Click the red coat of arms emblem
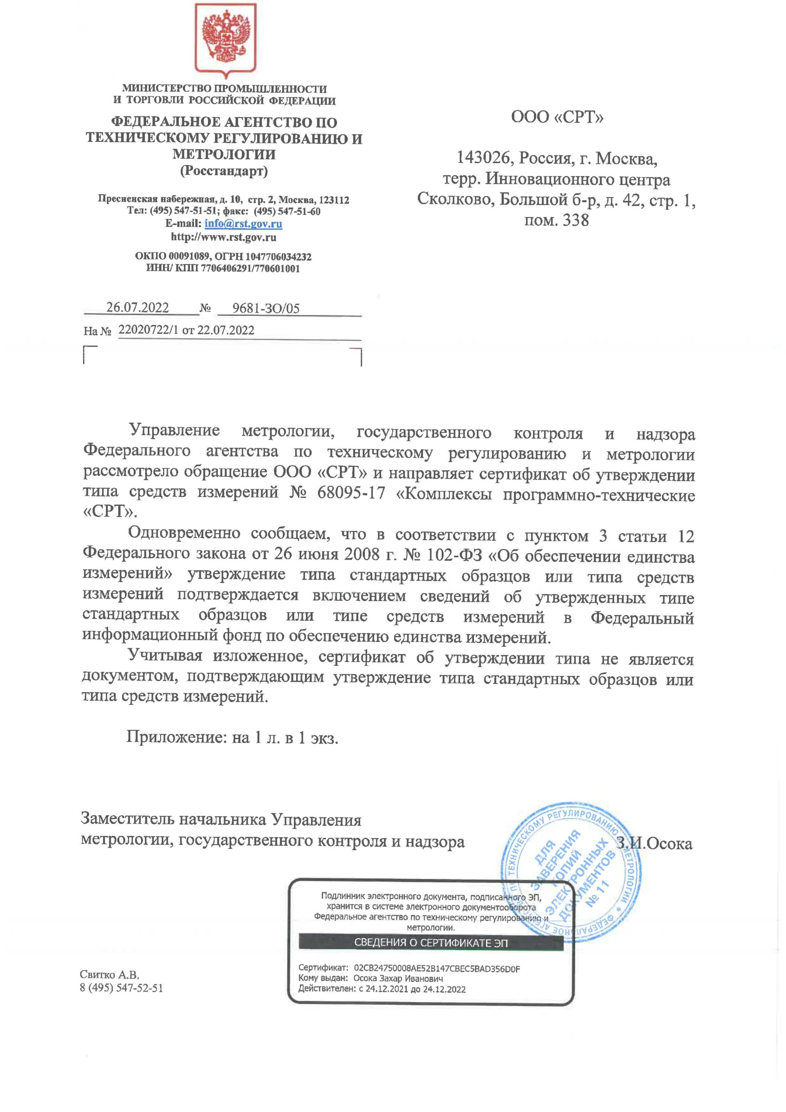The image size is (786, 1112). click(226, 41)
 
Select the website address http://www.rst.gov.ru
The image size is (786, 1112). click(224, 237)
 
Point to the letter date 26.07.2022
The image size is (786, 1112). click(138, 308)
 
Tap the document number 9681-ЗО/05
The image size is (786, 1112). click(266, 308)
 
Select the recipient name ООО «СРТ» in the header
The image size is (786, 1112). click(557, 117)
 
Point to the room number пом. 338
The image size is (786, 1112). click(557, 221)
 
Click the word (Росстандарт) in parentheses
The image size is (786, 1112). click(224, 171)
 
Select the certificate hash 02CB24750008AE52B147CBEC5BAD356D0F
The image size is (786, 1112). click(437, 969)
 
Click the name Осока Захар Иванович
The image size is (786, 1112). click(398, 978)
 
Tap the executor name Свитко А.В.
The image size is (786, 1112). click(109, 975)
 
